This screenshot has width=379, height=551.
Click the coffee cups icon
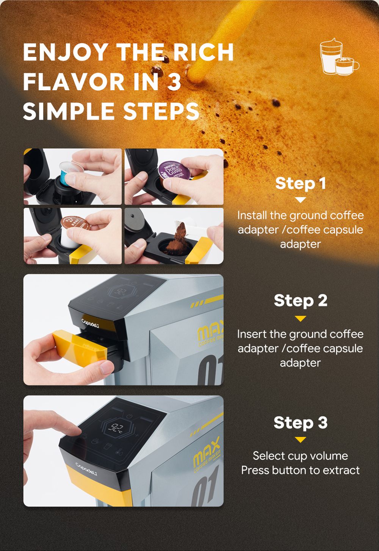coord(340,57)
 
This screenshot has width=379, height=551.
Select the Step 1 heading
coord(300,183)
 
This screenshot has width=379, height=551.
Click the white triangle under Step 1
coord(300,199)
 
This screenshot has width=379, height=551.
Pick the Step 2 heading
coord(300,301)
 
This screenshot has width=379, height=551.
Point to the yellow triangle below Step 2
coord(300,319)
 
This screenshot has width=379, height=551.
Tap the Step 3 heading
coord(300,422)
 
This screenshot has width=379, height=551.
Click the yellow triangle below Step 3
coord(300,440)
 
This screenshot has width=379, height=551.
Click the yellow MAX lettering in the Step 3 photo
coord(207,452)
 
